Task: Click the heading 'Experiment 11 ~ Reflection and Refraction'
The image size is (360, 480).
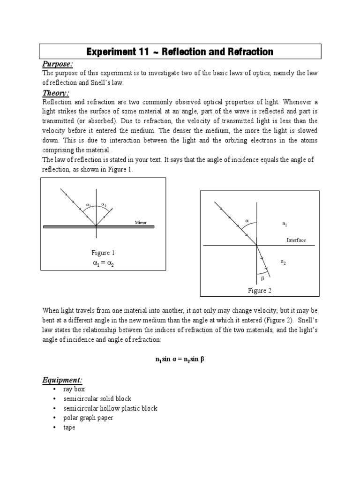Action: [180, 51]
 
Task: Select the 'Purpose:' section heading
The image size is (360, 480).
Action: [58, 64]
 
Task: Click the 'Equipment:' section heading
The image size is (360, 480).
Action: [62, 380]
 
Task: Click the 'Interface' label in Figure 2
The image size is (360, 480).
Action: [296, 240]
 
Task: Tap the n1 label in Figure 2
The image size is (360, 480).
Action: [284, 225]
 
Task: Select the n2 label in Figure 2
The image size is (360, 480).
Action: [283, 262]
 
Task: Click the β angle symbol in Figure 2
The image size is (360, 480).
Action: [263, 278]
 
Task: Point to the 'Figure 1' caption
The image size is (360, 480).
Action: [103, 253]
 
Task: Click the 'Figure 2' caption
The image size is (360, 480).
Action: [260, 291]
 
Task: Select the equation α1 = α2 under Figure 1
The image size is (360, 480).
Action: [103, 263]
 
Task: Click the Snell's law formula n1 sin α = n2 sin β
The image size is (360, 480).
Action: [180, 360]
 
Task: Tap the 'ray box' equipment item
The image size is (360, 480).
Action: [75, 389]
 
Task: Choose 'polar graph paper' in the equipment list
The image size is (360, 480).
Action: [89, 418]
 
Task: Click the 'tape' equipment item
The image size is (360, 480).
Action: [69, 427]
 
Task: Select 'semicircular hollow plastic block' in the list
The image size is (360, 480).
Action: [111, 408]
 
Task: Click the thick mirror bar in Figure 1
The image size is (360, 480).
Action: [98, 226]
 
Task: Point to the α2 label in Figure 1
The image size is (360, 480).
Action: [104, 205]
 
